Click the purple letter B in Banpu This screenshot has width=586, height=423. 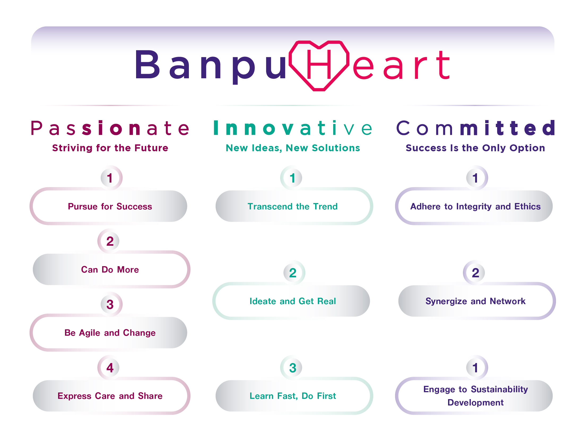click(x=147, y=64)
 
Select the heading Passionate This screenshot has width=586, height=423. click(x=110, y=128)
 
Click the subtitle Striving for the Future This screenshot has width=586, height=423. click(x=110, y=148)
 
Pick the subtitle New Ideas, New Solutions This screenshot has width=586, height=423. click(x=293, y=148)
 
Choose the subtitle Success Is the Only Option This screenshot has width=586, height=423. click(x=475, y=148)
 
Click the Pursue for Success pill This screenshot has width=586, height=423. click(x=109, y=206)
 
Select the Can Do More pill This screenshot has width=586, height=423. click(x=111, y=269)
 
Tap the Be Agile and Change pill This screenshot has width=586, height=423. click(x=109, y=333)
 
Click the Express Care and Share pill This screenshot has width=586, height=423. click(x=111, y=396)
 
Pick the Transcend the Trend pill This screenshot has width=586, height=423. click(x=294, y=206)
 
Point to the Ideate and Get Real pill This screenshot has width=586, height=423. click(x=291, y=301)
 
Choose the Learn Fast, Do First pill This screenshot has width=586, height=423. click(x=294, y=396)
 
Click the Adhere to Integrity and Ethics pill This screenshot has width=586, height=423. click(x=474, y=206)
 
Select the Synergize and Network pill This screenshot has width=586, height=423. click(x=477, y=301)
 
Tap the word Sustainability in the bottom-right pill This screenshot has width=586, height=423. click(x=499, y=389)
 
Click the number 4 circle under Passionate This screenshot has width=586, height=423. click(x=110, y=368)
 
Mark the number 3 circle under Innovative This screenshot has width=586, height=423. click(x=293, y=368)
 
